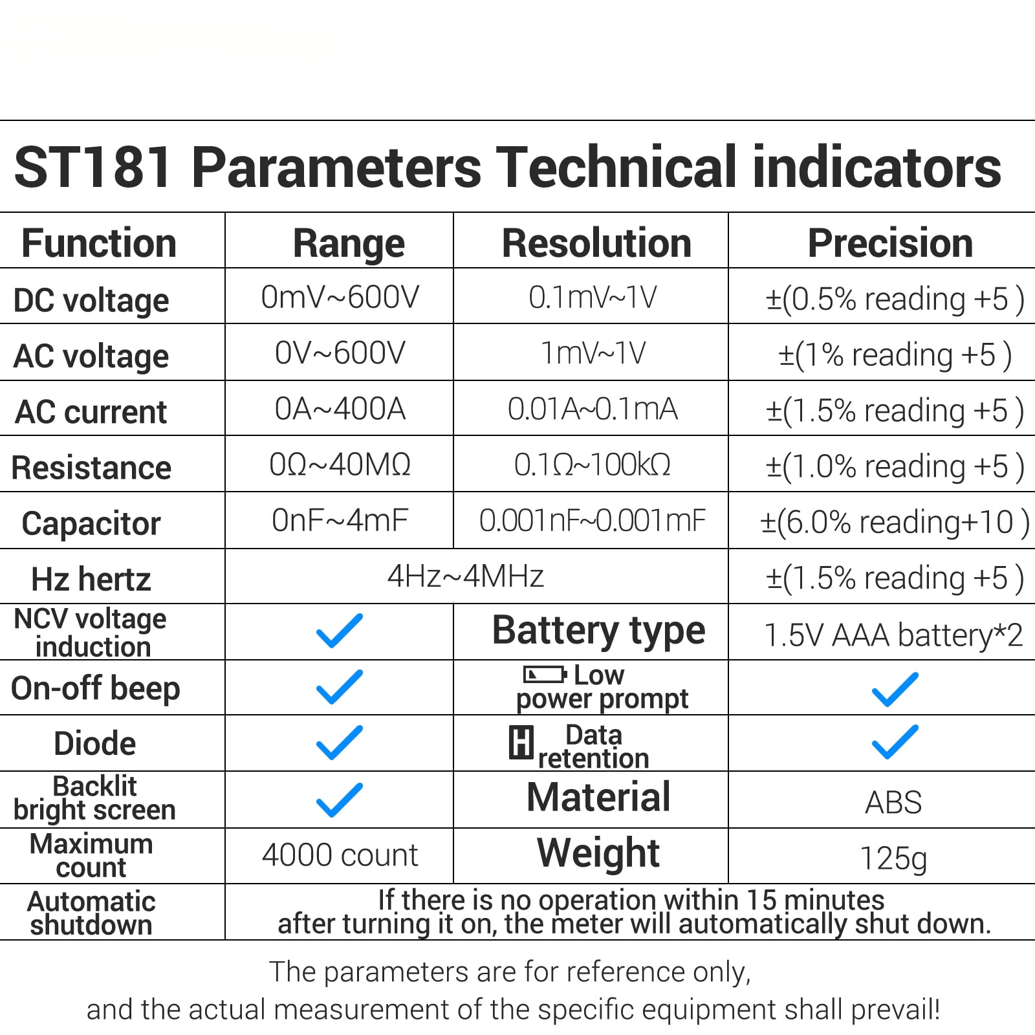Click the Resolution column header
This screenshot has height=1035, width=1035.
[596, 243]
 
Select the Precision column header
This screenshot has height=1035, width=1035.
[890, 243]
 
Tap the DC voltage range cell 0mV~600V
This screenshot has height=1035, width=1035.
[340, 298]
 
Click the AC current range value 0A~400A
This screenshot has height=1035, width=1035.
[340, 409]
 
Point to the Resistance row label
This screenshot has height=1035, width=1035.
[91, 468]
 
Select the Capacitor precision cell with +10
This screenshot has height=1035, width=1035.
[894, 522]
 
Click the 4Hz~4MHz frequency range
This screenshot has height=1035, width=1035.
[465, 576]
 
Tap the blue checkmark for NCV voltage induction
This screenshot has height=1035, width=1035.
[340, 631]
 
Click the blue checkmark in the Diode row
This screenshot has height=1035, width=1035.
[340, 742]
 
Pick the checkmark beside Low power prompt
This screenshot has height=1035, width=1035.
[895, 688]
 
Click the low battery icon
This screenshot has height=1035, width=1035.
[545, 675]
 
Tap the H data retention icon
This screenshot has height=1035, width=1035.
[521, 742]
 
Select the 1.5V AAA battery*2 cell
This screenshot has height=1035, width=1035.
[893, 635]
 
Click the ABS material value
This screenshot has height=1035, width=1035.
[893, 803]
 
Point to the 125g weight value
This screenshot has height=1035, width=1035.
[893, 859]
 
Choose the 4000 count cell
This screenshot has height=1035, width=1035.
[340, 855]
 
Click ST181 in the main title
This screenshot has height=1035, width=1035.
[93, 167]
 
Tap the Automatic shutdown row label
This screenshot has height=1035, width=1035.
[91, 913]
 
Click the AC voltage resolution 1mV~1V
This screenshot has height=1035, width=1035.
[593, 353]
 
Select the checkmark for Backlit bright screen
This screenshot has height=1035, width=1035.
[340, 800]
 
